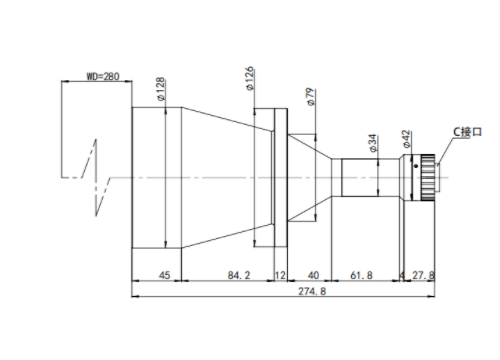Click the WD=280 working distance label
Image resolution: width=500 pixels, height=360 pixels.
103,76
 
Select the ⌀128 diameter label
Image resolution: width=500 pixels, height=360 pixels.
161,89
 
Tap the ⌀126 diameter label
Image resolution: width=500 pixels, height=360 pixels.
249,78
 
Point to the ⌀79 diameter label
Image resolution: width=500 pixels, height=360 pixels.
310,97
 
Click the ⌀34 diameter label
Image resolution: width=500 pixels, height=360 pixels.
373,143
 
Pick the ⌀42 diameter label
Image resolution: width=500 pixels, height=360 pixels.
406,139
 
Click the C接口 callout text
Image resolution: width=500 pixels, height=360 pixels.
468,132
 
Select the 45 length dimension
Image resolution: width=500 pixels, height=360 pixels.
164,275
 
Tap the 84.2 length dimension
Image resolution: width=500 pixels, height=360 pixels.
239,275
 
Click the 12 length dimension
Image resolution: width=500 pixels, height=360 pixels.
280,275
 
